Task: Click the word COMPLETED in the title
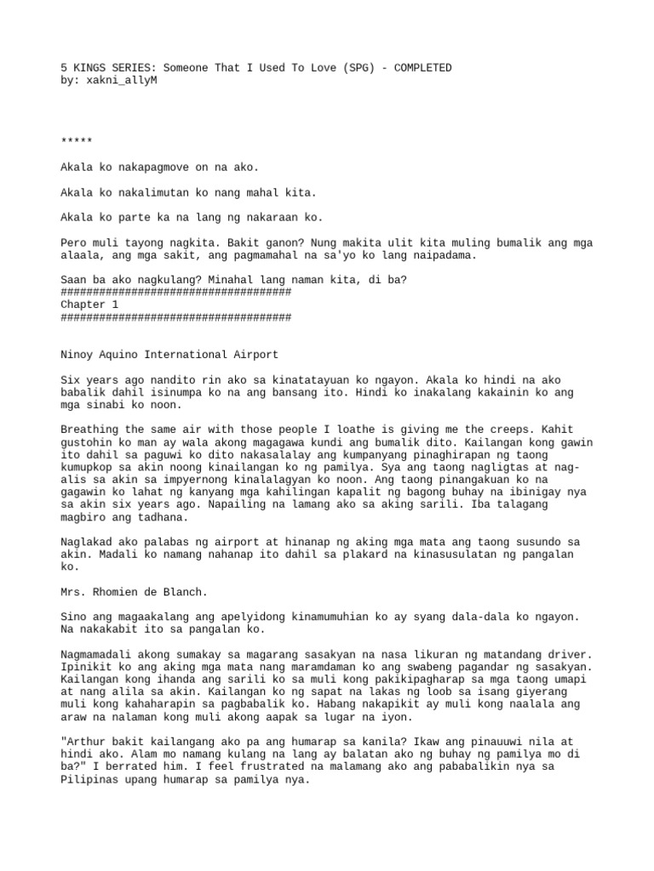pyautogui.click(x=420, y=68)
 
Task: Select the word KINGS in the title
pyautogui.click(x=89, y=68)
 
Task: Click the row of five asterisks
pyautogui.click(x=77, y=141)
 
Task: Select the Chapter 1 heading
pyautogui.click(x=89, y=305)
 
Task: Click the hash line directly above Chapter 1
pyautogui.click(x=176, y=292)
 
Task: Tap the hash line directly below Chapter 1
pyautogui.click(x=176, y=317)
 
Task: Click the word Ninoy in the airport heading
pyautogui.click(x=78, y=354)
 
